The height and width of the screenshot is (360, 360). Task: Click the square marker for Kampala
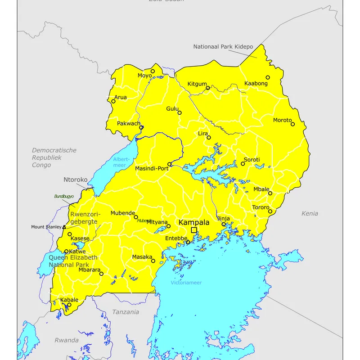point(194,230)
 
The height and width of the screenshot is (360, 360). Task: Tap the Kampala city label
point(194,222)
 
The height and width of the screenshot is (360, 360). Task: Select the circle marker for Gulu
point(180,112)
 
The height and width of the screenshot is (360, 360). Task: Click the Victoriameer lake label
point(186,283)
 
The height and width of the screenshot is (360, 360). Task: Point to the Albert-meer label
point(121,162)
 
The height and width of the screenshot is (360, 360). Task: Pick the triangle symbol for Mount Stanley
point(64,227)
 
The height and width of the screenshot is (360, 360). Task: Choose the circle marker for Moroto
point(292,124)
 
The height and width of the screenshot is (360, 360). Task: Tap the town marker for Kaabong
point(268,77)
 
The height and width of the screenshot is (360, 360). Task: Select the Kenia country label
point(310,213)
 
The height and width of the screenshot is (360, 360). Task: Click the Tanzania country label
point(126,312)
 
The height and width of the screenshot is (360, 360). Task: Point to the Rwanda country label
point(67,340)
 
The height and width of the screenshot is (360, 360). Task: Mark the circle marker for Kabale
point(69,305)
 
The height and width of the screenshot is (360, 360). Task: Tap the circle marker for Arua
point(113,101)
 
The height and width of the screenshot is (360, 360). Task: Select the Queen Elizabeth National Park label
point(72,261)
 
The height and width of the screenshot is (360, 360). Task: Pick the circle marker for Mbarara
point(101,274)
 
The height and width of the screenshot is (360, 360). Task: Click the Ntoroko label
point(75,180)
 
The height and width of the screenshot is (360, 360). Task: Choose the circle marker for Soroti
point(243,164)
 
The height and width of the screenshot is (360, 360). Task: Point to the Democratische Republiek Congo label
point(54,157)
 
